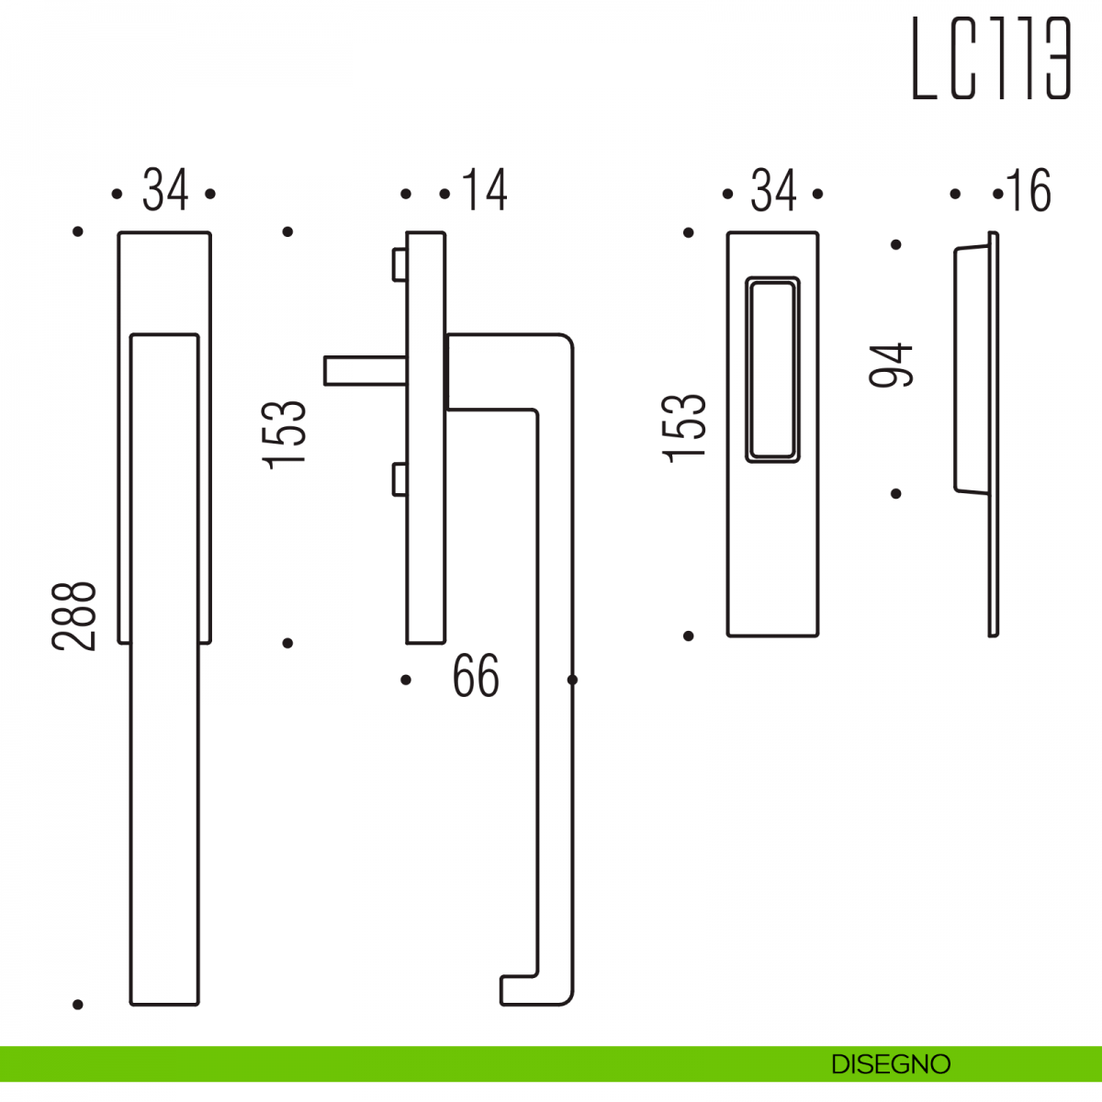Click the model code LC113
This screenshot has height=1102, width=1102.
pos(991,58)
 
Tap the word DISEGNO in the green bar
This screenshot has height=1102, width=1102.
pos(891,1064)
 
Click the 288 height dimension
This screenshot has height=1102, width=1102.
pos(74,616)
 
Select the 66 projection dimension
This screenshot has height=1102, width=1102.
pos(476,676)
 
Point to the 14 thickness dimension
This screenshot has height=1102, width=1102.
pos(484,190)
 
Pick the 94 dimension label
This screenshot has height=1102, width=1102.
pos(891,365)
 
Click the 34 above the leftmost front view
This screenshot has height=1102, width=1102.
pos(165,190)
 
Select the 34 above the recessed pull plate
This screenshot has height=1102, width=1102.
pos(773,190)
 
